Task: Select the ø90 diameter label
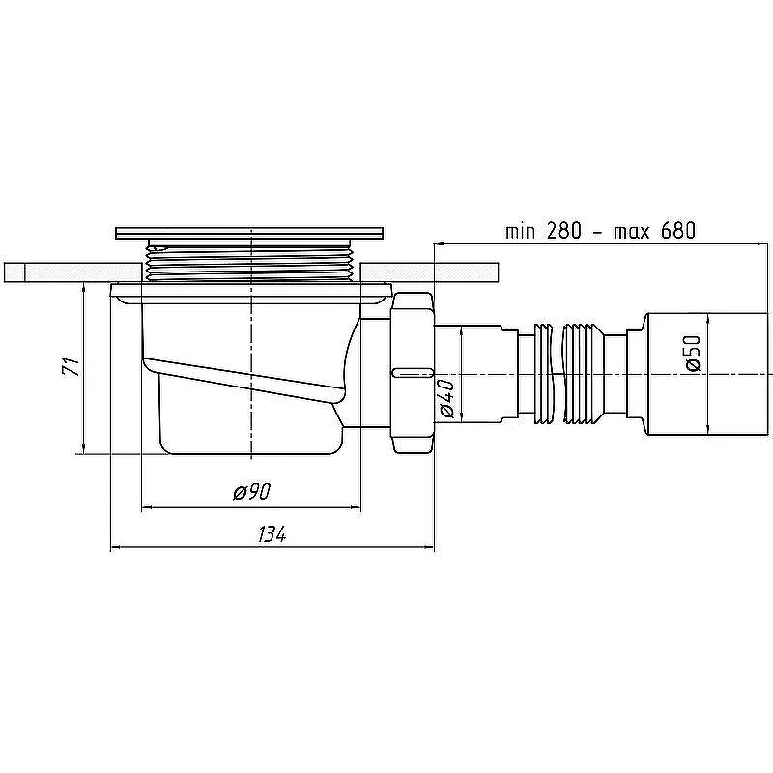pyautogui.click(x=252, y=492)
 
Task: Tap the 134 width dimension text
pyautogui.click(x=272, y=534)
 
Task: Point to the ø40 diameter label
pyautogui.click(x=447, y=398)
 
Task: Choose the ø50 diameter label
pyautogui.click(x=692, y=353)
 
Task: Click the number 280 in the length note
pyautogui.click(x=563, y=231)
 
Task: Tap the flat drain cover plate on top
pyautogui.click(x=249, y=233)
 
